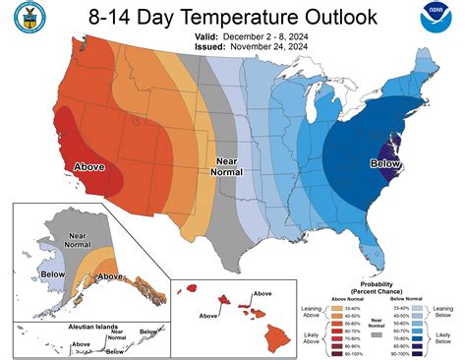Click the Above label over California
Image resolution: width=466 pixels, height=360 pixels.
[x=89, y=167]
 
